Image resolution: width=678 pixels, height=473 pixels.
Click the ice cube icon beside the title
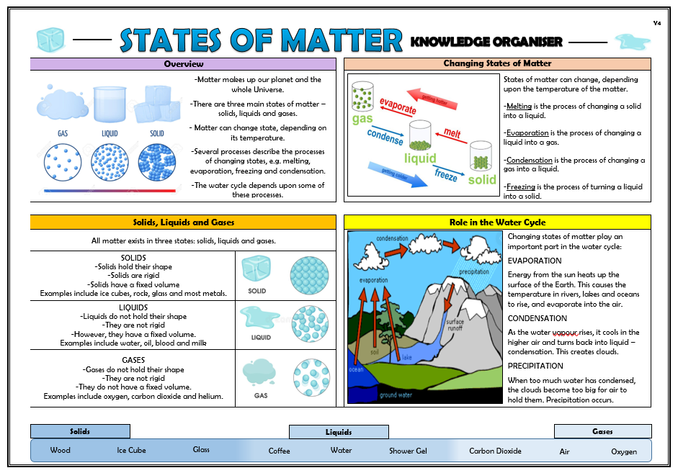[x=50, y=40]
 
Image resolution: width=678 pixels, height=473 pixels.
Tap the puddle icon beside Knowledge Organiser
[x=633, y=42]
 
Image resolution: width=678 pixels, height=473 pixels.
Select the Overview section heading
[x=183, y=64]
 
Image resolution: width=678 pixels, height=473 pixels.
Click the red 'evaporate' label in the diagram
[x=398, y=107]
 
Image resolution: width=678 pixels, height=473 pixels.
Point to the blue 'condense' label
[x=385, y=137]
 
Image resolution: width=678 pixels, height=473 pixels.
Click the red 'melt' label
[x=452, y=133]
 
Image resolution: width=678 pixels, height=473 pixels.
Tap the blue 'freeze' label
[x=446, y=175]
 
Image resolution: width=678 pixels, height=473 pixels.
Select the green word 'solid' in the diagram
[x=482, y=180]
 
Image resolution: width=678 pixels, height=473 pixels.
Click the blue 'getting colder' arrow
[x=397, y=175]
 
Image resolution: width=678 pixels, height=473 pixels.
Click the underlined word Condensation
[x=530, y=160]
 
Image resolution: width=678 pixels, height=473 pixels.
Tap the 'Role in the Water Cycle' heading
[x=497, y=222]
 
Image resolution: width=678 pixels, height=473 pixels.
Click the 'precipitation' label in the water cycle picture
[x=474, y=271]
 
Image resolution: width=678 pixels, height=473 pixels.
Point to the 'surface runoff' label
[x=455, y=325]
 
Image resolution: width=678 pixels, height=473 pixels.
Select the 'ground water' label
[x=396, y=395]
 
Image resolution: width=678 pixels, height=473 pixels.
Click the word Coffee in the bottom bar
[x=279, y=451]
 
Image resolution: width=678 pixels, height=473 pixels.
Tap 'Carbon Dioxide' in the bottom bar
[x=495, y=451]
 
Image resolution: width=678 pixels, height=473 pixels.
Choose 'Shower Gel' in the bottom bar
[x=408, y=451]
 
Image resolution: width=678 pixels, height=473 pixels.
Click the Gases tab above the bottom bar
[x=603, y=431]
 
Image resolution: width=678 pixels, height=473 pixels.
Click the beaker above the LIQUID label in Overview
[x=110, y=104]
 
